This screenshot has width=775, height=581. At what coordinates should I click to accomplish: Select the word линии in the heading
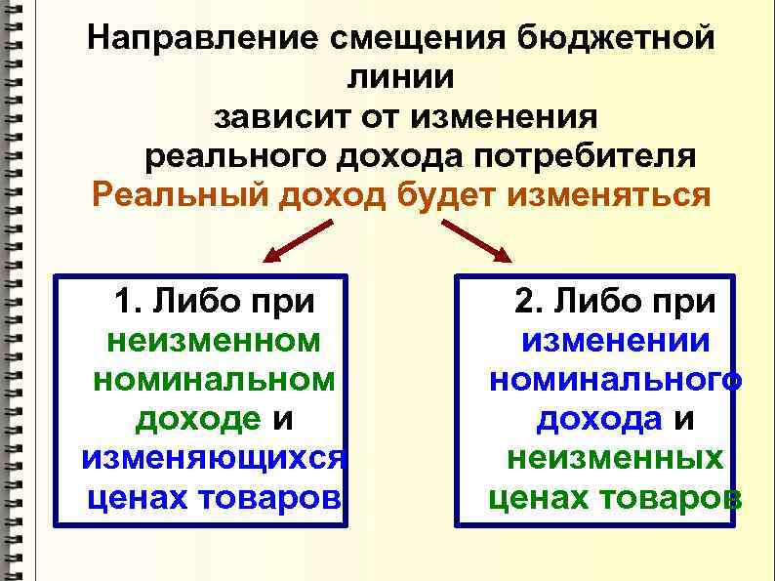tap(400, 78)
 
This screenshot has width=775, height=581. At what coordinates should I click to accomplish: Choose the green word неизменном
tap(215, 341)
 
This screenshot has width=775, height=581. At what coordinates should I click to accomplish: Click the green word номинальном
tap(215, 380)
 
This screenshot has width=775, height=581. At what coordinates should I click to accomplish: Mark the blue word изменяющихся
tap(215, 458)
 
